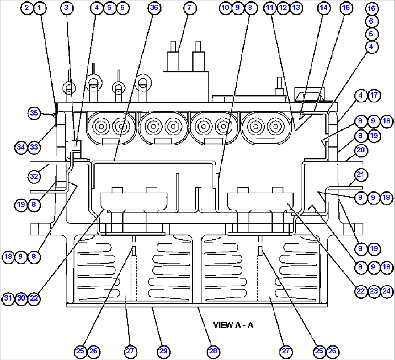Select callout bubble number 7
190,8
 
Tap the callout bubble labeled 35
34,113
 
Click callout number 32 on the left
34,177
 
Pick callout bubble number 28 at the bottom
213,351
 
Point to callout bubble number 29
163,351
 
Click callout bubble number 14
324,8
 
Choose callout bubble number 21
360,175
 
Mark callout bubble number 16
371,8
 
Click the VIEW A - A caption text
233,325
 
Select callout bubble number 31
8,298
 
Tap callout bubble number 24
387,291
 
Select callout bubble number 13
296,8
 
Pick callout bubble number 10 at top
226,8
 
